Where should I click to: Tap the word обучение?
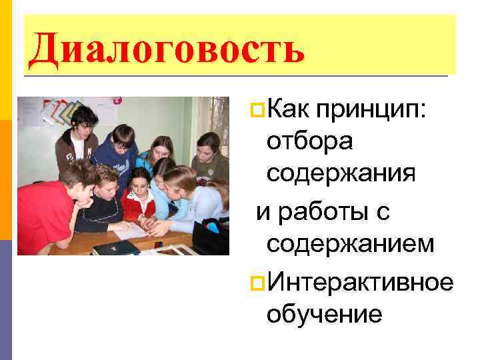tap(324, 313)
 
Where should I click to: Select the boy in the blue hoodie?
tap(119, 150)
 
